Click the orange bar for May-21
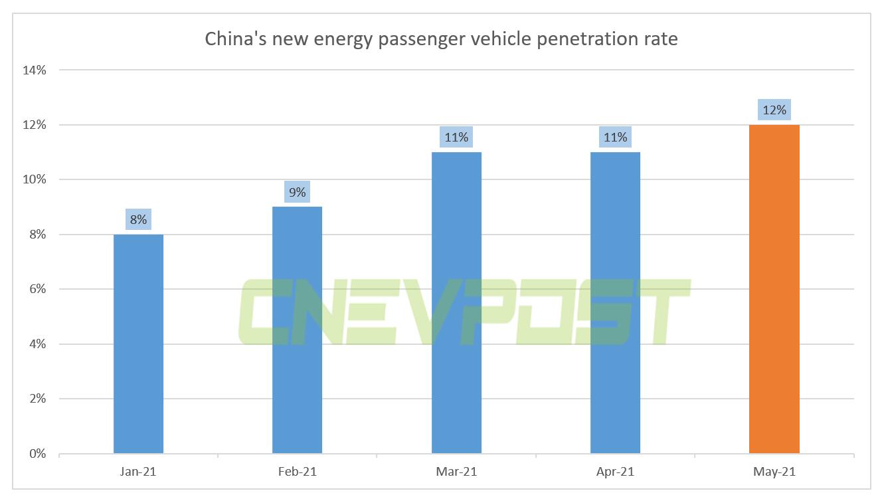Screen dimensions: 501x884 (774, 289)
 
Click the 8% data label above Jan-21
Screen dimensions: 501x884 (138, 219)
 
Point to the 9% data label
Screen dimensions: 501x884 (297, 192)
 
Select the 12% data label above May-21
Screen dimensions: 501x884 (774, 110)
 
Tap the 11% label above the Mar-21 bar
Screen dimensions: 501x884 (456, 138)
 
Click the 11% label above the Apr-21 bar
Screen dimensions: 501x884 (615, 138)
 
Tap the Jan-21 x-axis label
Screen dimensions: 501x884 (138, 472)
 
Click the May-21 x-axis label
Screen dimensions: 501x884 (774, 472)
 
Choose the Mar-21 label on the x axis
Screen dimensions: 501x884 (456, 472)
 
